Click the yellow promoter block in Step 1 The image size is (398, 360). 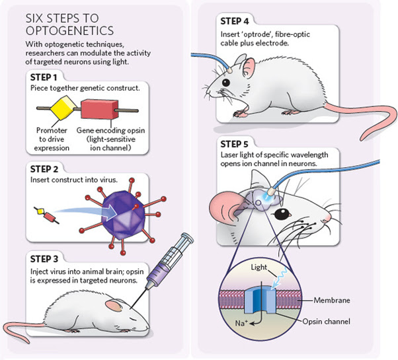tap(63, 108)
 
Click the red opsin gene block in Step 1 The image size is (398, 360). tap(99, 109)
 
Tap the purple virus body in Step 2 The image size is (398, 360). tap(123, 215)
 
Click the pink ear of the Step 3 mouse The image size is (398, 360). tap(114, 305)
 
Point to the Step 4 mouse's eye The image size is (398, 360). tap(225, 83)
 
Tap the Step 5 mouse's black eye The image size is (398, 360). tap(282, 215)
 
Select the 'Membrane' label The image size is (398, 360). tap(332, 300)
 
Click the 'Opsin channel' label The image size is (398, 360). tap(326, 322)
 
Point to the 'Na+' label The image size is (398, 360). tap(241, 323)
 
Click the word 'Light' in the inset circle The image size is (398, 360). tap(259, 268)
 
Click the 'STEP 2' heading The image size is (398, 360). tap(44, 169)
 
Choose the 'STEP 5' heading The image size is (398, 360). tap(234, 144)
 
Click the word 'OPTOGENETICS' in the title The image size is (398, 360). tap(69, 30)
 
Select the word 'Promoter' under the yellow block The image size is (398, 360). tap(52, 130)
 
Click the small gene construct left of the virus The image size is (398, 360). tap(47, 215)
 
